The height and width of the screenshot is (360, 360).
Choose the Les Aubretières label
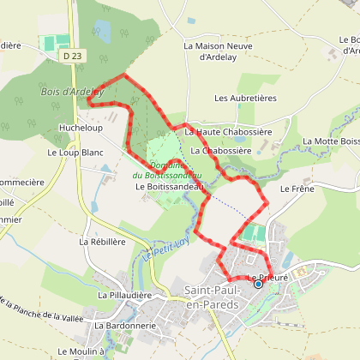point(246,99)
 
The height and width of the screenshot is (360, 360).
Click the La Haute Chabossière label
point(228,131)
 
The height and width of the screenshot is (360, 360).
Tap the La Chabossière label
point(220,151)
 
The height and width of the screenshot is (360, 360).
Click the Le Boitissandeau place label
point(169,186)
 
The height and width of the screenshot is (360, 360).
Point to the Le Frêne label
point(297,189)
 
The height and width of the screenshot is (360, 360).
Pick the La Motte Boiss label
point(331,142)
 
